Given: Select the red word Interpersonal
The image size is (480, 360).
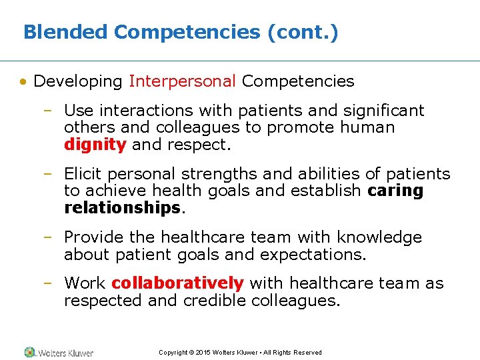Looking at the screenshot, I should pos(183,81).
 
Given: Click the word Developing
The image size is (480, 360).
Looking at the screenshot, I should pos(78,81).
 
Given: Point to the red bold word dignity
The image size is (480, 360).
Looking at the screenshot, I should pos(95,144).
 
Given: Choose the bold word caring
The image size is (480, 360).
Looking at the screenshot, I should pos(395,191).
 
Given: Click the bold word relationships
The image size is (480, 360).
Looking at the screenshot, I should pos(122,207).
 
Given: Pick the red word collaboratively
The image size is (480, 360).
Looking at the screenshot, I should pos(177,283).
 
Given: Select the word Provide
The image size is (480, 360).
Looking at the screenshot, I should pos(91,237).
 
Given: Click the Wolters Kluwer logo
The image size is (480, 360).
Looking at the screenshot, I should pos(59,353).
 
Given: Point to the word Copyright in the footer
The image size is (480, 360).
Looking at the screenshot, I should pos(173,353).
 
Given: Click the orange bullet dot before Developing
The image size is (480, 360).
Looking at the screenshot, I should pos(23,82).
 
